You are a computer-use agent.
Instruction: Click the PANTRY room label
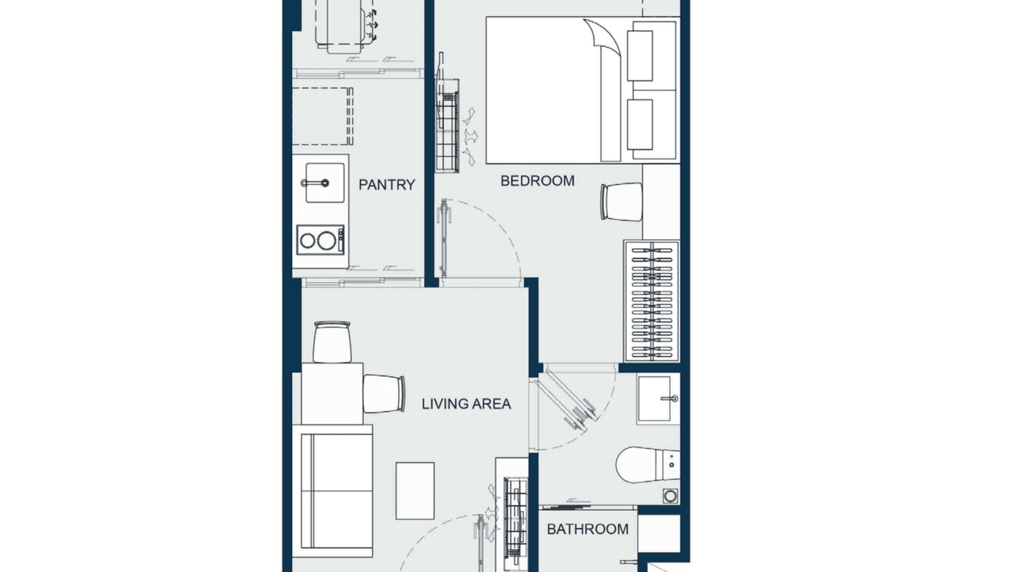tap(386, 184)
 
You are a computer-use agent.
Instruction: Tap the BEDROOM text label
tap(537, 181)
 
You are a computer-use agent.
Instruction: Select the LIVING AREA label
tap(466, 404)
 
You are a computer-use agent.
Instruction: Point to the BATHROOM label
tap(588, 529)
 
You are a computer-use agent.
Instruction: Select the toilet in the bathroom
tap(645, 465)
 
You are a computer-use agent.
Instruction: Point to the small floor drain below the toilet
tap(670, 495)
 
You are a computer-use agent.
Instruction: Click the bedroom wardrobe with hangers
tap(651, 300)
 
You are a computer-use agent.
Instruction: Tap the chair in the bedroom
tap(621, 202)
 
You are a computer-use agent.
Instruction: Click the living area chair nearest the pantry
tap(332, 341)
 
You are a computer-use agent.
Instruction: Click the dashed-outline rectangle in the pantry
tap(322, 116)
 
